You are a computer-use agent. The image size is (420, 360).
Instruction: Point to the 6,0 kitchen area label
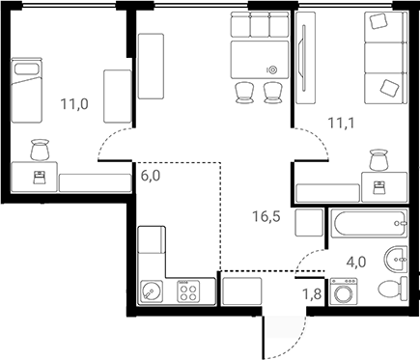[x=152, y=176]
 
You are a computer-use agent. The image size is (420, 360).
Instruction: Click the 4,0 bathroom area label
[x=356, y=261]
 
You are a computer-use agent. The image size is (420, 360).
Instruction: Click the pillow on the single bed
[x=23, y=69]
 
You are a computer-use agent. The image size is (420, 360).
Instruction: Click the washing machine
[x=344, y=293]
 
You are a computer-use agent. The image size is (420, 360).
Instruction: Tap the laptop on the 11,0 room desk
[x=39, y=176]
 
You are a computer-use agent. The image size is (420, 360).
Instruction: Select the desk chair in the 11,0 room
[x=40, y=150]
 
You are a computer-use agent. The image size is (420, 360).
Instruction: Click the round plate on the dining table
[x=271, y=69]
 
